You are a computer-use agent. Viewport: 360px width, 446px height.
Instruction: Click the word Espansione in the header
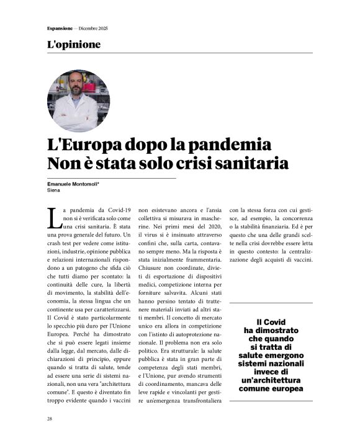pyautogui.click(x=58, y=29)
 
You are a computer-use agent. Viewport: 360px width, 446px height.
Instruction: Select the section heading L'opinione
pyautogui.click(x=74, y=45)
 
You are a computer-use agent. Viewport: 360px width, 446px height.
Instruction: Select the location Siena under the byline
pyautogui.click(x=54, y=191)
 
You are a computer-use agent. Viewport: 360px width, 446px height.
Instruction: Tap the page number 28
pyautogui.click(x=50, y=419)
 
